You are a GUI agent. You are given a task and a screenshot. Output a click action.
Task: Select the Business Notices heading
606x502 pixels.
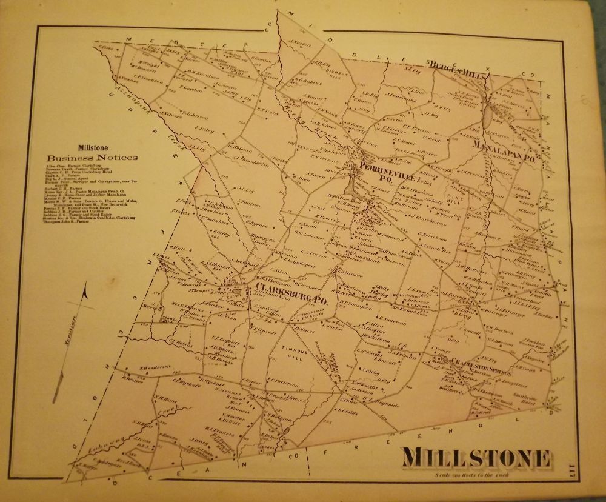point(90,158)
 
